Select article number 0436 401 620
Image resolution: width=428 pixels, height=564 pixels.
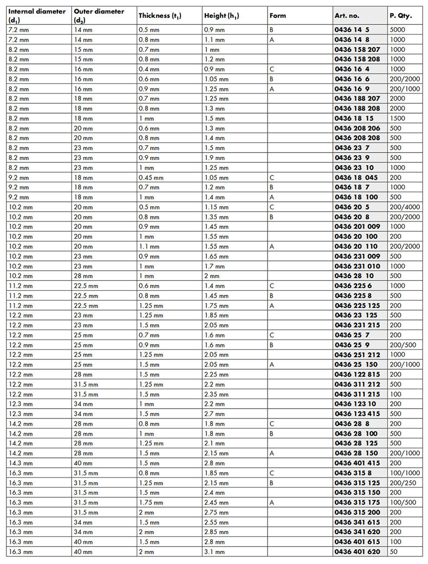point(358,552)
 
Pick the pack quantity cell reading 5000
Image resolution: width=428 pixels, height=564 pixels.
point(398,30)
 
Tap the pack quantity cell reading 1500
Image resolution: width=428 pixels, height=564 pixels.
point(398,118)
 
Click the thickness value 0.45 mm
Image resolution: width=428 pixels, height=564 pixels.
point(151,178)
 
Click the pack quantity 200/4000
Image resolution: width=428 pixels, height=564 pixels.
point(405,207)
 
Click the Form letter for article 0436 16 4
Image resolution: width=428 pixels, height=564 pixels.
point(271,69)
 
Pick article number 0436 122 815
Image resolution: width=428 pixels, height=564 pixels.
point(358,374)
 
